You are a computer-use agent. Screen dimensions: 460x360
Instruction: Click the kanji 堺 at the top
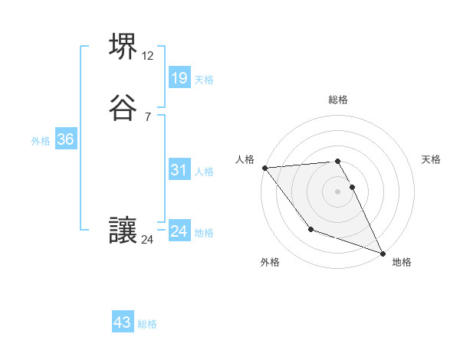pos(125,47)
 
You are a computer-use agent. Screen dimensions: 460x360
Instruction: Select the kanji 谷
pos(125,106)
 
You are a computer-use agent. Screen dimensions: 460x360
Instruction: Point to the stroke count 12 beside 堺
pos(148,55)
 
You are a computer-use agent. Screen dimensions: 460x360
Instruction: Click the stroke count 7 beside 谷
pos(148,116)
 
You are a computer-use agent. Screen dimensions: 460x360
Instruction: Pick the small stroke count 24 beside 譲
pos(148,240)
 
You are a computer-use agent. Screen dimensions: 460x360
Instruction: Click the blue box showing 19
pos(179,77)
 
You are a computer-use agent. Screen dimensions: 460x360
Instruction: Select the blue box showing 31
pos(179,170)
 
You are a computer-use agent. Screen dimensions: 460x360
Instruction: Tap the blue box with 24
pos(179,231)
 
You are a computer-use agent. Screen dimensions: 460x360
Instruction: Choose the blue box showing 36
pos(65,140)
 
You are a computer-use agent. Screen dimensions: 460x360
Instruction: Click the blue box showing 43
pos(123,322)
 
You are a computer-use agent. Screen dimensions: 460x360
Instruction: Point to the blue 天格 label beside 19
pos(204,79)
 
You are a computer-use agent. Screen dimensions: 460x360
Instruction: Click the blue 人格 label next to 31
pos(204,172)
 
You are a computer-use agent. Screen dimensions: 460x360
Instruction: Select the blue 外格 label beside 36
pos(41,141)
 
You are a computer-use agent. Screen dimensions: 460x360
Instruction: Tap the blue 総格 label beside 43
pos(147,324)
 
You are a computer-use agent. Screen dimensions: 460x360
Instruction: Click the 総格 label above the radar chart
pos(338,100)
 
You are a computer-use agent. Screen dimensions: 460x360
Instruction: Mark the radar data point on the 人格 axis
pos(264,167)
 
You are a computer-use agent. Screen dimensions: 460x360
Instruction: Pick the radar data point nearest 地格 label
pos(383,253)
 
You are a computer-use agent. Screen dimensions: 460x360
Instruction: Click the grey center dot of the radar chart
pos(337,191)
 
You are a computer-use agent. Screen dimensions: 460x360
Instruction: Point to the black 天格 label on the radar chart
pos(432,159)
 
